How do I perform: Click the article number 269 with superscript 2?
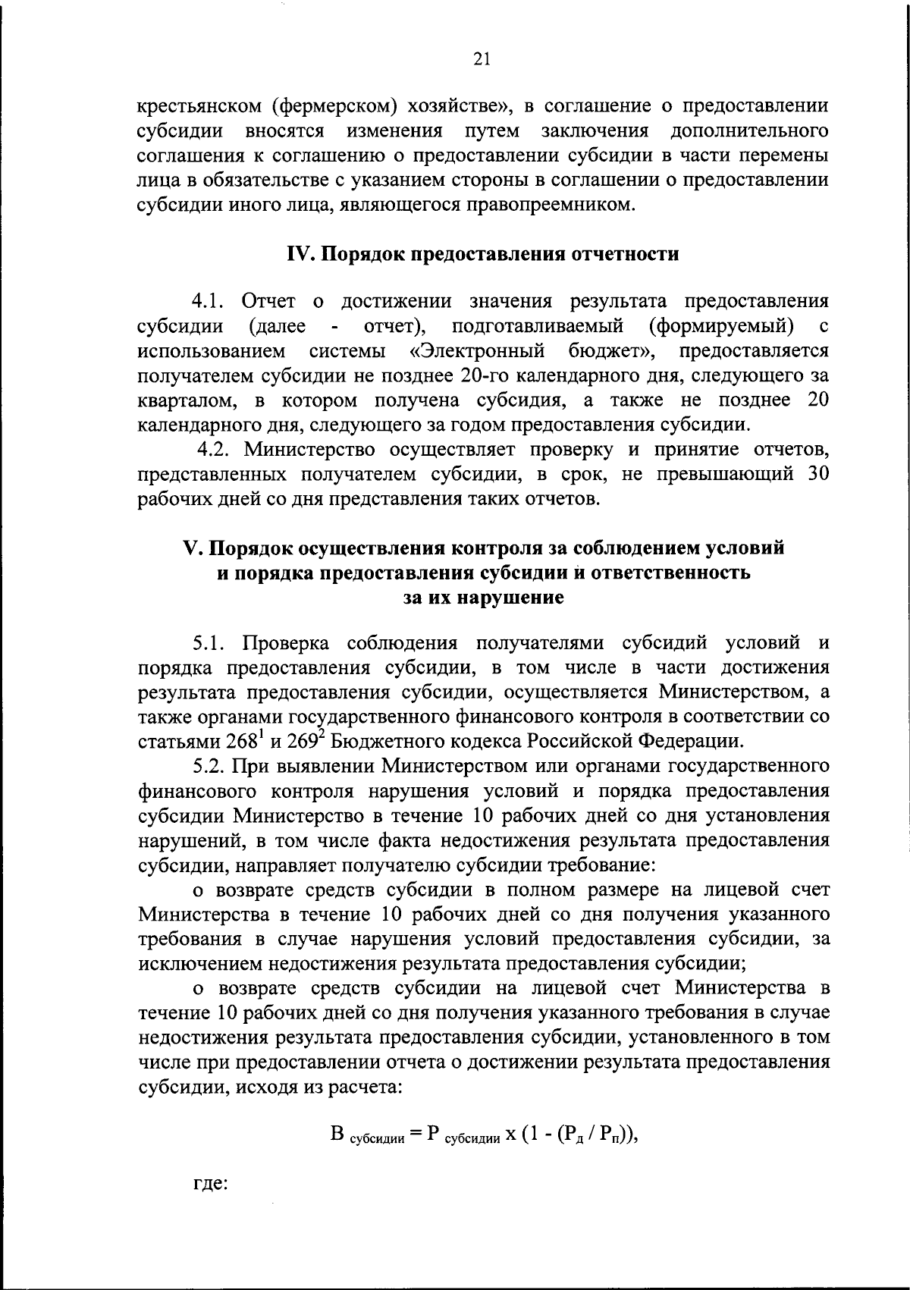(297, 740)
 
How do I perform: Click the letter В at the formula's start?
(338, 1135)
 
